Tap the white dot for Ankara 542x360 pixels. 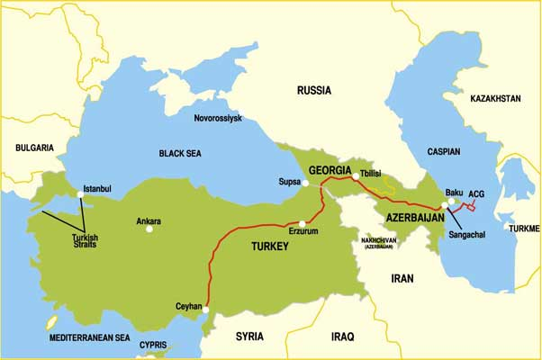tap(149, 229)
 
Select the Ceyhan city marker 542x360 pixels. tap(206, 310)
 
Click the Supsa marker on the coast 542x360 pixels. tap(305, 183)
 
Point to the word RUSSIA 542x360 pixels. tap(313, 91)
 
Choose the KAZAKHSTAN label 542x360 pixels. tap(489, 97)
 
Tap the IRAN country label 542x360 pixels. tap(402, 279)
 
